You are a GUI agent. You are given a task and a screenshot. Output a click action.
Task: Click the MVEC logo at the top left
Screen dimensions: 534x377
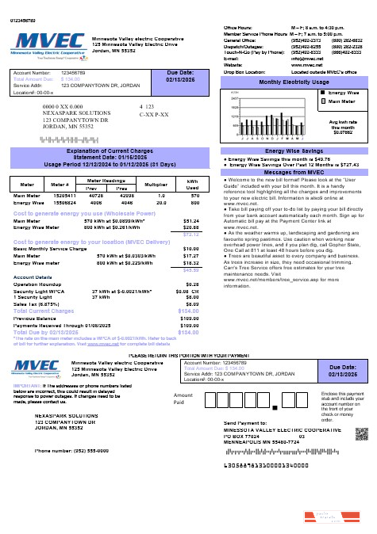[44, 43]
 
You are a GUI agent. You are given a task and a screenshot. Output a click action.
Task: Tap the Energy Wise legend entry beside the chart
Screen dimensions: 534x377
[342, 93]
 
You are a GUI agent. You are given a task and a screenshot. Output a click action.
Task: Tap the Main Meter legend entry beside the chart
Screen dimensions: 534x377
[342, 101]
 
